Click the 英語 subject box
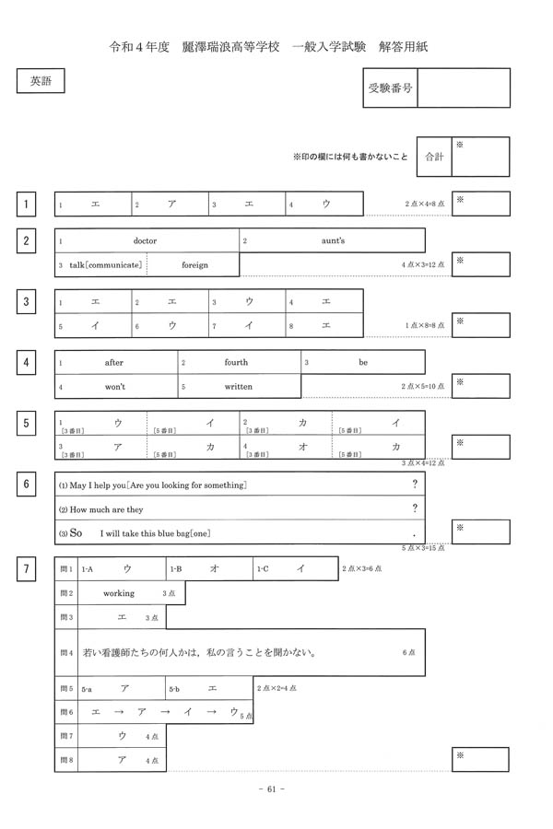click(x=41, y=81)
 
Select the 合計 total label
click(x=433, y=158)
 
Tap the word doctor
click(x=146, y=240)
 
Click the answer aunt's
click(x=333, y=240)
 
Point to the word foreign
click(x=194, y=264)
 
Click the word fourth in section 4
click(x=236, y=362)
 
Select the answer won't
click(x=115, y=386)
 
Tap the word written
click(x=238, y=386)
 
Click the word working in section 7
click(x=119, y=593)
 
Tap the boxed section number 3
click(x=28, y=300)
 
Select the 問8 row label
click(x=65, y=760)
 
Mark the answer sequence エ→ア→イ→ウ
click(x=164, y=712)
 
